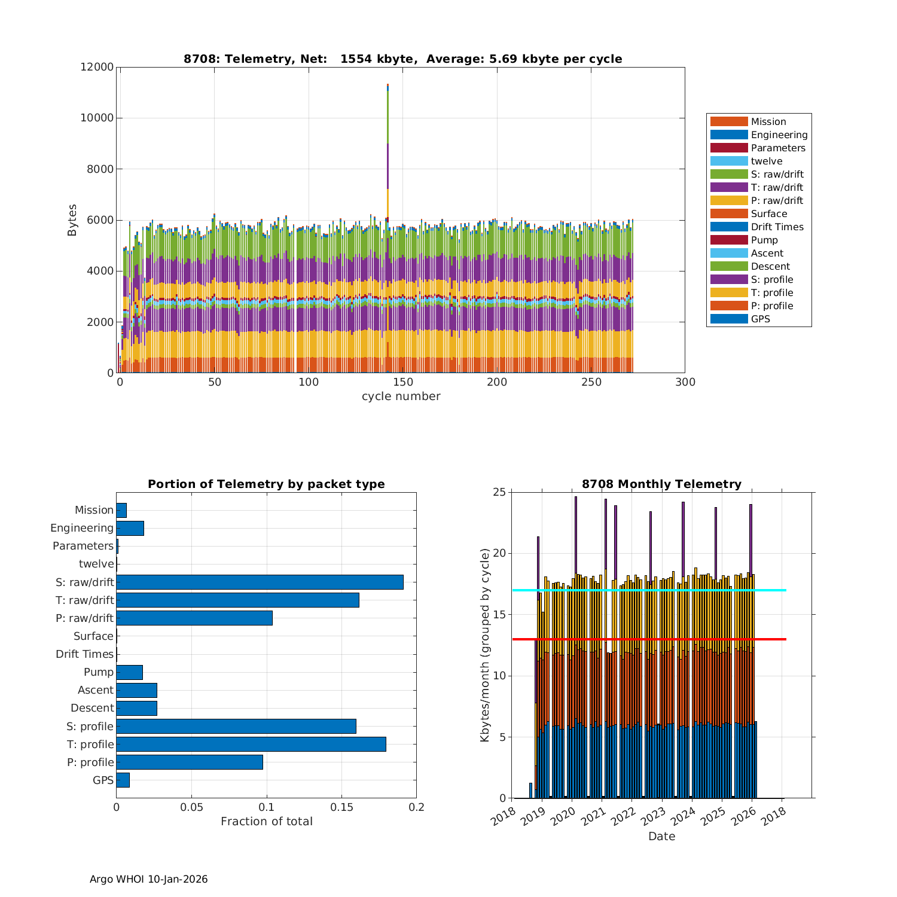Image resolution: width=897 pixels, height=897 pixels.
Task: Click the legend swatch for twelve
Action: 729,161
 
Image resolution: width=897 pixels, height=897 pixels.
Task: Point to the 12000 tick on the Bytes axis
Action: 97,67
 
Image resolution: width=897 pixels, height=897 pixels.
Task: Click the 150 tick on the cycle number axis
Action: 403,383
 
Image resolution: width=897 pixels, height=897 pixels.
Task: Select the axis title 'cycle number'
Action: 401,396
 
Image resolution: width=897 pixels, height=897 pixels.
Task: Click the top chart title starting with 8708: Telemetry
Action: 402,59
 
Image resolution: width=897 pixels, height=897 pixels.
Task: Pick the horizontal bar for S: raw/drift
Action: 260,582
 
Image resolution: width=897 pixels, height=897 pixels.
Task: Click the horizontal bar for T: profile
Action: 251,744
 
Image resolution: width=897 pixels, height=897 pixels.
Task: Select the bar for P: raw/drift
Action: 194,618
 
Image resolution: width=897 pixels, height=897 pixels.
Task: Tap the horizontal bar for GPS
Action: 123,780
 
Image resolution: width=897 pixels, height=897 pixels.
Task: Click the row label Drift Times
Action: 84,654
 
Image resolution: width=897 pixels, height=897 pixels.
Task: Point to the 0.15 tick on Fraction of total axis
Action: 341,807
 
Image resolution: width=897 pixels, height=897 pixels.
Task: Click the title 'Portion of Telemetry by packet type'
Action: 266,484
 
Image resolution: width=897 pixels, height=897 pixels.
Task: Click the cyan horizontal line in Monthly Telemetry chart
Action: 771,590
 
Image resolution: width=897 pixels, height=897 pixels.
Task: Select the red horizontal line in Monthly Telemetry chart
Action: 771,639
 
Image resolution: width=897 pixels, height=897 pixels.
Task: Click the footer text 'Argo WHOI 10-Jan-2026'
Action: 148,879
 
